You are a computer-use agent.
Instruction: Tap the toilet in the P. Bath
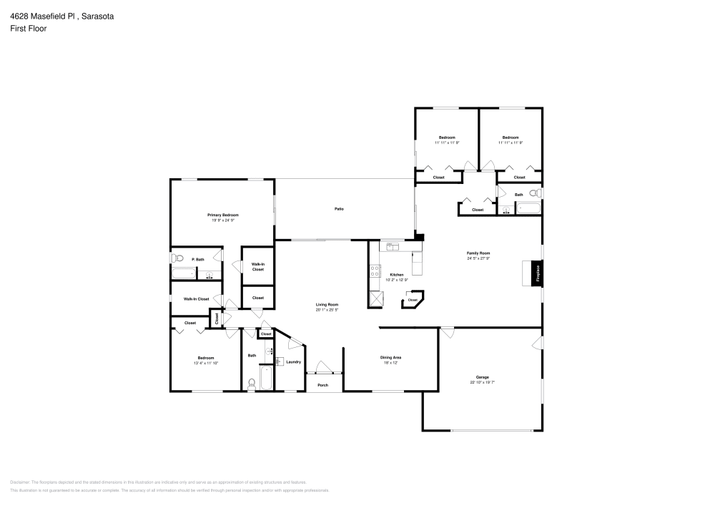click(x=179, y=258)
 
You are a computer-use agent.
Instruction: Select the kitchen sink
click(x=391, y=246)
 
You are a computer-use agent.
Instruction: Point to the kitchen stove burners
click(x=375, y=271)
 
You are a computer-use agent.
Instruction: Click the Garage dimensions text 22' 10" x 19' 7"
click(x=483, y=383)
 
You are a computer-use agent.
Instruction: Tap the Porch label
click(x=323, y=385)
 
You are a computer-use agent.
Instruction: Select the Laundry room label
click(x=293, y=362)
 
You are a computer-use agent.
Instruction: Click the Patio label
click(x=339, y=209)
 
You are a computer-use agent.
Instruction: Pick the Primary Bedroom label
click(x=223, y=215)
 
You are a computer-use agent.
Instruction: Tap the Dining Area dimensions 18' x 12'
click(x=390, y=363)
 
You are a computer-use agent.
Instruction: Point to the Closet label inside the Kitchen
click(x=413, y=300)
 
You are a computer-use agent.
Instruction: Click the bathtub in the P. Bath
click(x=183, y=273)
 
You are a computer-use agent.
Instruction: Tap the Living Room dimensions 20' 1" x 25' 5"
click(x=327, y=310)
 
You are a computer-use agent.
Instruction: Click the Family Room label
click(x=478, y=253)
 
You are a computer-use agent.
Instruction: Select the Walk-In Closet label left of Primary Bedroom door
click(x=196, y=299)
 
